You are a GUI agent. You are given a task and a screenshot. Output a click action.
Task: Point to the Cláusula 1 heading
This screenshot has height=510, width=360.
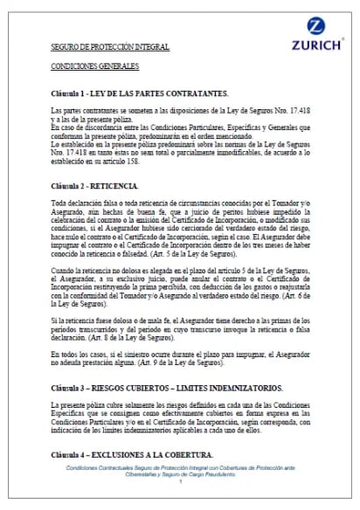(139, 93)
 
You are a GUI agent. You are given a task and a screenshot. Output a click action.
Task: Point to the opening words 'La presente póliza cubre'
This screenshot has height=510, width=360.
(87, 406)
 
